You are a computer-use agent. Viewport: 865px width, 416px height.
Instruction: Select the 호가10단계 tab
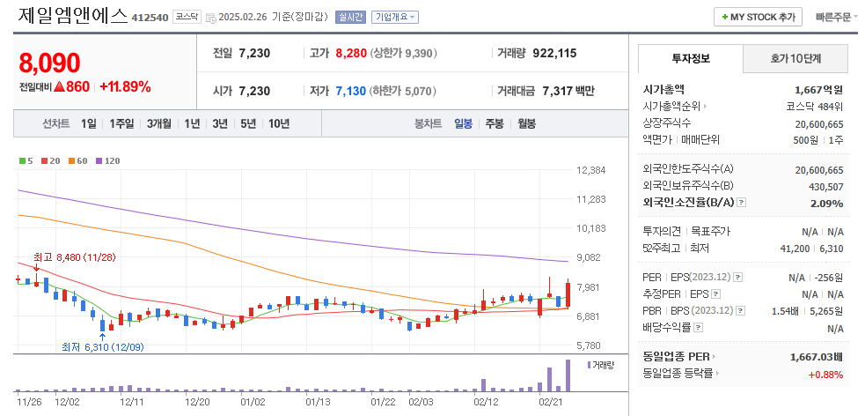[x=795, y=59]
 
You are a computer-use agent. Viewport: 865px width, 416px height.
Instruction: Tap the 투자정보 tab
[x=690, y=59]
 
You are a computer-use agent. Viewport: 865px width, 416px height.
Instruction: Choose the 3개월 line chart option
[x=160, y=123]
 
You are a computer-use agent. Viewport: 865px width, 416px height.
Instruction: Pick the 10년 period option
[x=279, y=123]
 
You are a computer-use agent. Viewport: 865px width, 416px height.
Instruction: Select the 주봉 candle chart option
[x=495, y=123]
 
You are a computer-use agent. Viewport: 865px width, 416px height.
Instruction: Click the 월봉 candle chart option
[x=526, y=123]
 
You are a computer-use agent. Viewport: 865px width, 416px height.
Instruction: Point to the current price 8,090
[x=49, y=63]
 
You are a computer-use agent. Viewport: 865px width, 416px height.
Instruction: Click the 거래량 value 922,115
[x=554, y=53]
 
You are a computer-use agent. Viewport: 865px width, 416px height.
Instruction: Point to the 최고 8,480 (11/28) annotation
[x=74, y=256]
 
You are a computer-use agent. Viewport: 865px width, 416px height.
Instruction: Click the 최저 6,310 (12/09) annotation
[x=102, y=347]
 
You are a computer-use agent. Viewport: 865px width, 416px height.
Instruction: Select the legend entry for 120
[x=109, y=161]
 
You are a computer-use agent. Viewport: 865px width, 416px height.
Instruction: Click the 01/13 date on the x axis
[x=317, y=402]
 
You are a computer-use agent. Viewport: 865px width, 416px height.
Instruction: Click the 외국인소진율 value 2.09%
[x=828, y=203]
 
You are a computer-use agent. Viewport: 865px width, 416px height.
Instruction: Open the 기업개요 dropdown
[x=395, y=17]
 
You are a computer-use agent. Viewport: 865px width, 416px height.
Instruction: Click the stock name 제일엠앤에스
[x=71, y=15]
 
